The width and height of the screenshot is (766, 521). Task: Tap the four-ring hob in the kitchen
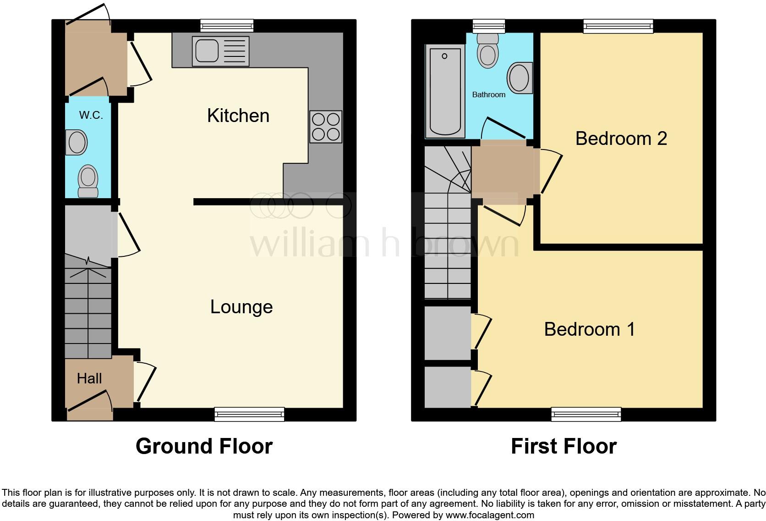[326, 127]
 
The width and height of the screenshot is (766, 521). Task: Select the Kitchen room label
[238, 116]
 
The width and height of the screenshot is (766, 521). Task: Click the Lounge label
[241, 307]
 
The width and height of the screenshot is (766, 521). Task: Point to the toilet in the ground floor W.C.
[88, 181]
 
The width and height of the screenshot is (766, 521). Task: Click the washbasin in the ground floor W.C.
[77, 142]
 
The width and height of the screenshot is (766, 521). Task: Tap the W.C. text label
[91, 115]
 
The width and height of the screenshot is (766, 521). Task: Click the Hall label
[89, 378]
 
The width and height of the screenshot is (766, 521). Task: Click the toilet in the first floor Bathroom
[487, 50]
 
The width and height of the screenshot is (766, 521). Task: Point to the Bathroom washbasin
[520, 78]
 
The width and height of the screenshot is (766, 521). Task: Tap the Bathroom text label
[489, 94]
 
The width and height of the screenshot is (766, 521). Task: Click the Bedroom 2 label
[621, 139]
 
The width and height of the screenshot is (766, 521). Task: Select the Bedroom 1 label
[590, 329]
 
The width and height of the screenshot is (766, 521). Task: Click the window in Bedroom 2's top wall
[618, 26]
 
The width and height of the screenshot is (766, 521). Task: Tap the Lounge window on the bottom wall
[249, 414]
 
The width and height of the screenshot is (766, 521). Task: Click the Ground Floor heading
[204, 446]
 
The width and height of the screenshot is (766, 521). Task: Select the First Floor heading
[564, 446]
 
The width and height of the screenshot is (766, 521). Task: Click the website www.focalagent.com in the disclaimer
[490, 515]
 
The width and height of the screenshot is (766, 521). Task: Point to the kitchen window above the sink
[227, 26]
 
